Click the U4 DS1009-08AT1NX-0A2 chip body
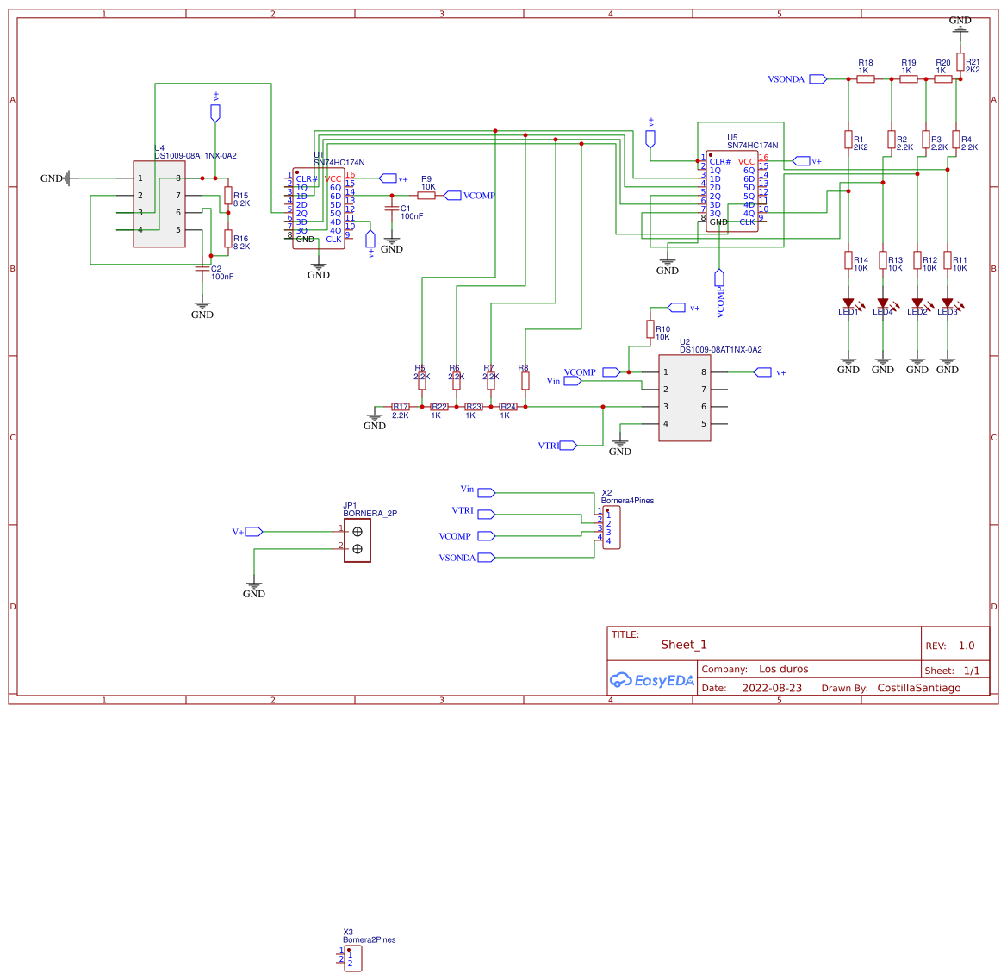159,204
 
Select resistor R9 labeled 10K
426,196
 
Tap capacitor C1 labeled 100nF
392,209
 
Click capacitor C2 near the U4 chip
202,269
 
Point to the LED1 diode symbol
848,303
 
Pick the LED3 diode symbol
948,303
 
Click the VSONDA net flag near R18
817,79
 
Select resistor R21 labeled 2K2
960,61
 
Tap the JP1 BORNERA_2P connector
357,540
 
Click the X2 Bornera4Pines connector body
611,527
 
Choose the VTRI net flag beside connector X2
486,515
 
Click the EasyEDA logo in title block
651,680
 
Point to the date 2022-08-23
771,688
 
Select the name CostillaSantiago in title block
918,688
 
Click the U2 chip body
685,398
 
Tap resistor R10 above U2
650,328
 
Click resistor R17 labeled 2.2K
401,407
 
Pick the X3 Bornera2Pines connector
353,959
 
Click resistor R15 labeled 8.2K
228,195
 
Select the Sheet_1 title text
683,645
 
